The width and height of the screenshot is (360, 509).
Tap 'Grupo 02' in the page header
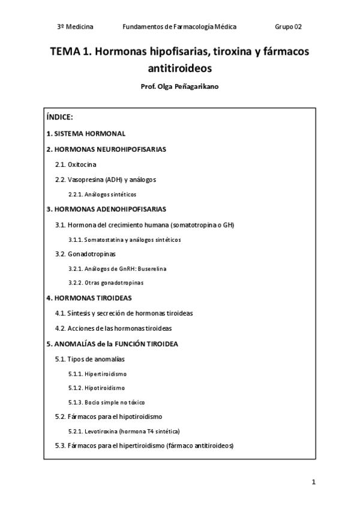288,26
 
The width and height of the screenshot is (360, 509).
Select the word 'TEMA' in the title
65,52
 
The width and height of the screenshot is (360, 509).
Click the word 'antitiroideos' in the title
179,68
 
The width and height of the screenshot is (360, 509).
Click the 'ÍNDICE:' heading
59,117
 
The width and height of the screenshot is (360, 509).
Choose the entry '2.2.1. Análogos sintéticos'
103,194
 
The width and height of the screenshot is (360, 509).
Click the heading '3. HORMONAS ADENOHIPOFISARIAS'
106,209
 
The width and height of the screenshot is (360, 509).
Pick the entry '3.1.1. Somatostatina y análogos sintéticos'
125,239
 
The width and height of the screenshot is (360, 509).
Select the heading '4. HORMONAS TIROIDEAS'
89,298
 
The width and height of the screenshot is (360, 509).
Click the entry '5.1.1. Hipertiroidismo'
98,373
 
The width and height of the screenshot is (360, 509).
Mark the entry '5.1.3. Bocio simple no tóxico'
107,402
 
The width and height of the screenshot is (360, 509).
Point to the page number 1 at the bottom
313,482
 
